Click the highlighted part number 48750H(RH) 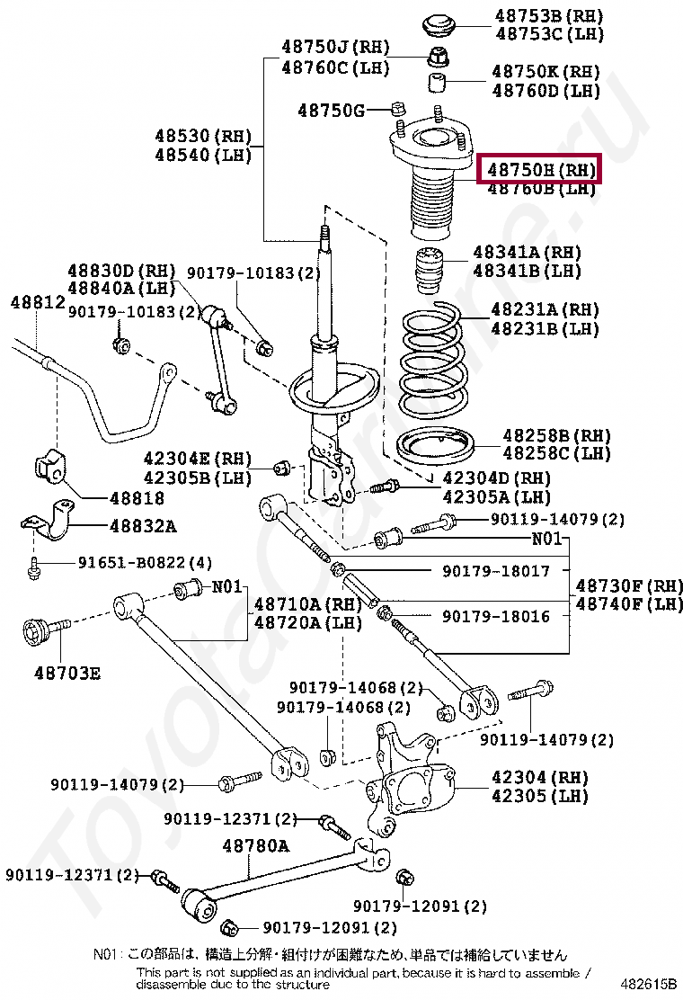click(x=540, y=168)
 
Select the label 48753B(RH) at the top click(x=548, y=16)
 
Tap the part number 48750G click(x=331, y=111)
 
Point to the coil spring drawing click(x=433, y=357)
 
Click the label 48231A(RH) click(x=545, y=309)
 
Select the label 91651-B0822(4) click(x=145, y=563)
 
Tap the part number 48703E click(x=68, y=671)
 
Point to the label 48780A click(x=256, y=845)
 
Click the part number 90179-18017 click(x=495, y=571)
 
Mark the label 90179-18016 click(x=495, y=616)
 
